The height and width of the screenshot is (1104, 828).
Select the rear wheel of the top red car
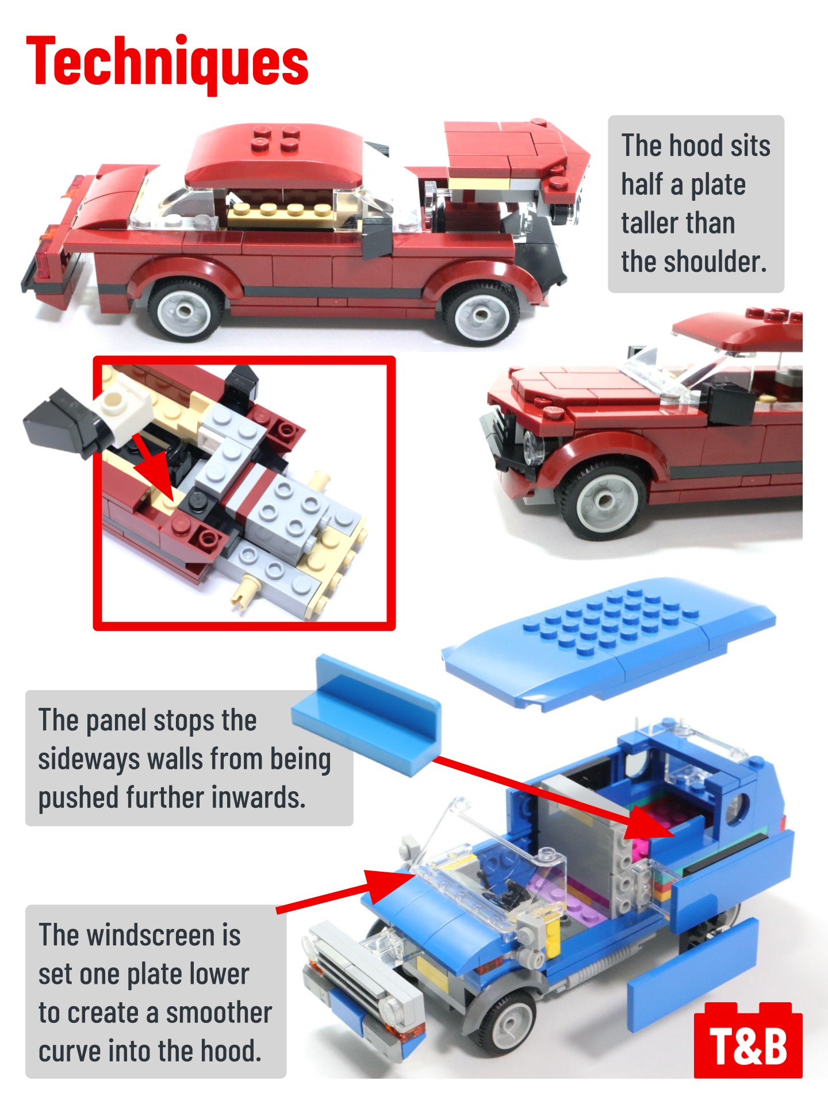point(186,310)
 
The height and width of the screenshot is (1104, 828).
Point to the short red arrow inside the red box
point(153,466)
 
